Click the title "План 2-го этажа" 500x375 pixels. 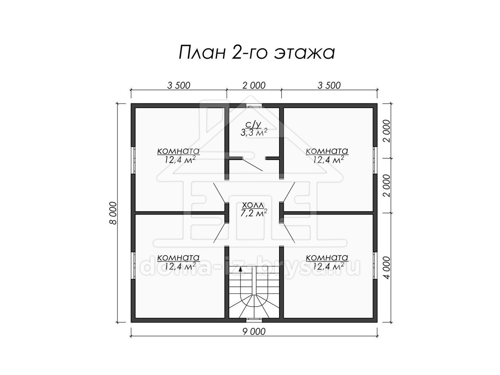click(x=257, y=52)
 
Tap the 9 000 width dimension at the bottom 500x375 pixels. click(x=254, y=332)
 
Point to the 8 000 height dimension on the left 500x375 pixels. click(x=113, y=213)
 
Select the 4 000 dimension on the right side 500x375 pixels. click(x=387, y=267)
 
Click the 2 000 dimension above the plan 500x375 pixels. click(x=254, y=85)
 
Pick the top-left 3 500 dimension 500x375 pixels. click(x=179, y=85)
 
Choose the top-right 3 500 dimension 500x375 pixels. click(x=329, y=85)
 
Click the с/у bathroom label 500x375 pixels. click(x=253, y=125)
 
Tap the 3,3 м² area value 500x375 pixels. click(x=254, y=133)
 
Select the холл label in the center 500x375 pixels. click(x=253, y=205)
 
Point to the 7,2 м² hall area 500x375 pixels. click(x=254, y=213)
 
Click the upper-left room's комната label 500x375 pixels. click(x=178, y=151)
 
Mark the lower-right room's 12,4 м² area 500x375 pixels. click(x=328, y=266)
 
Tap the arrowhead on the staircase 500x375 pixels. click(x=240, y=269)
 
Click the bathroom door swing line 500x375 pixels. click(x=252, y=165)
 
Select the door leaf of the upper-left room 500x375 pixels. click(x=219, y=192)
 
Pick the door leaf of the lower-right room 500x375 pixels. click(x=289, y=234)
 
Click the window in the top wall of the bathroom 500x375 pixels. click(x=255, y=106)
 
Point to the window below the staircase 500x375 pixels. click(x=255, y=320)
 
